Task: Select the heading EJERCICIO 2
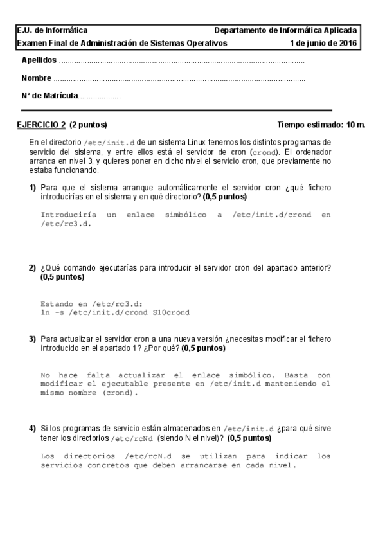click(41, 125)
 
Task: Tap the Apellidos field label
click(39, 60)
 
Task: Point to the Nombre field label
click(36, 78)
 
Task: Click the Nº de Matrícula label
click(49, 96)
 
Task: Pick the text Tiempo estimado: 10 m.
click(321, 125)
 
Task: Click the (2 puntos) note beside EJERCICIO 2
click(88, 125)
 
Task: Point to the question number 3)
click(31, 338)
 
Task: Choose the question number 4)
click(31, 428)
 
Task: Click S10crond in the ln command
click(171, 312)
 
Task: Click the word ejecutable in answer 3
click(148, 384)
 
